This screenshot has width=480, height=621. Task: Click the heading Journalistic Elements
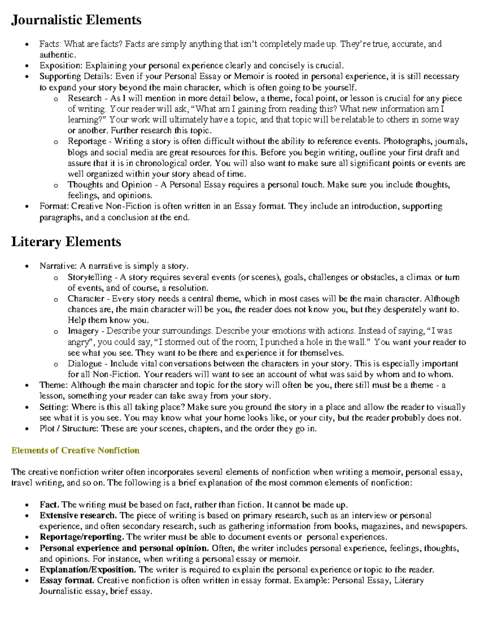[76, 20]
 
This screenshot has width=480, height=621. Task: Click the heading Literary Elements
[66, 242]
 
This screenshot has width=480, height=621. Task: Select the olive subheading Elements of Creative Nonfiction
[75, 451]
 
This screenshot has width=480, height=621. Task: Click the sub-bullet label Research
[84, 98]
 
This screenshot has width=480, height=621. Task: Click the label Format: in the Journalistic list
[54, 206]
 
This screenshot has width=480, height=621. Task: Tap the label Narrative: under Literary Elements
[58, 266]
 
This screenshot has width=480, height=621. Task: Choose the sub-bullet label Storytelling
[90, 277]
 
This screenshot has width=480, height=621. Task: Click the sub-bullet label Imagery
[83, 331]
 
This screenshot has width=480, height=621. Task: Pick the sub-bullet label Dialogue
[84, 364]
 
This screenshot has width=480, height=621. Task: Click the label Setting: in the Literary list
[54, 407]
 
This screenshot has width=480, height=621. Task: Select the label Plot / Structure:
[69, 429]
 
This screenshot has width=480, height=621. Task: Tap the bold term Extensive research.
[78, 515]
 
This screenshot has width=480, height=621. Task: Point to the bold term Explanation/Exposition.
[88, 569]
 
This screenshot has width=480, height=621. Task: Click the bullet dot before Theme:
[27, 386]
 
